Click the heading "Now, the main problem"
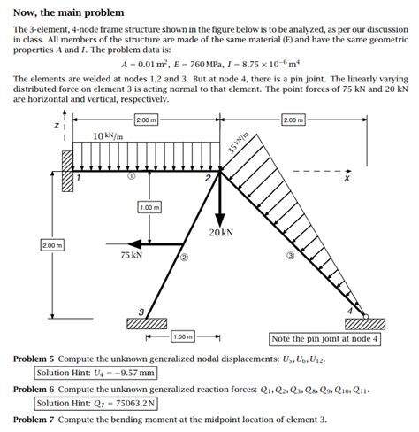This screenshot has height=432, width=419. [x=69, y=13]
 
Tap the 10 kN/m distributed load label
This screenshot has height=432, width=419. [x=108, y=136]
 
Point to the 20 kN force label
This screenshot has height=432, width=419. [x=221, y=233]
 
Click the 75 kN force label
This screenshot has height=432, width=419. [x=131, y=256]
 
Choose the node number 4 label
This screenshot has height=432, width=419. [x=358, y=312]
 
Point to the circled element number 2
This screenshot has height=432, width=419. [x=184, y=258]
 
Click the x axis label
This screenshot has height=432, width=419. [x=347, y=178]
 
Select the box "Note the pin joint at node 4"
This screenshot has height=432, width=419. [x=325, y=339]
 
